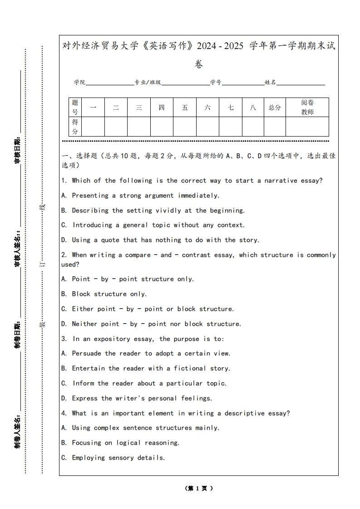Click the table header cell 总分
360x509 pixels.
coord(274,108)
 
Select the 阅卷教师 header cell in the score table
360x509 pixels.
coord(307,108)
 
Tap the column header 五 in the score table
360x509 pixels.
coord(185,108)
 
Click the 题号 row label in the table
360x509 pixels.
coord(75,108)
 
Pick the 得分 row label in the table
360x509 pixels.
coord(75,127)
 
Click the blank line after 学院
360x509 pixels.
coord(109,83)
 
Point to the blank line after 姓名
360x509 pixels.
coord(301,83)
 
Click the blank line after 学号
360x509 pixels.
coord(243,83)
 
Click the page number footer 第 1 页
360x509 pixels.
coord(199,489)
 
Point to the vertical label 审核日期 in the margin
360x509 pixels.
coord(18,150)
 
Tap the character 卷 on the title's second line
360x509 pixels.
coord(199,64)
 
